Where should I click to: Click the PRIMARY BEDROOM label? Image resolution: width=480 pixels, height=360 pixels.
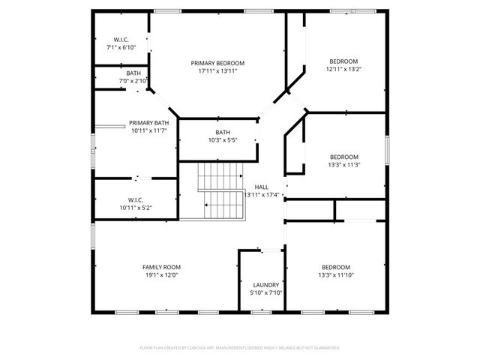(x=217, y=63)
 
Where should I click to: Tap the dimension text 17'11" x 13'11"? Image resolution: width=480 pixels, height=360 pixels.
(x=217, y=71)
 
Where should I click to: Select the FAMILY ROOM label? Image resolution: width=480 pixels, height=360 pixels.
(x=161, y=267)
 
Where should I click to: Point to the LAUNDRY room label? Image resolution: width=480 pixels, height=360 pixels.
(x=265, y=285)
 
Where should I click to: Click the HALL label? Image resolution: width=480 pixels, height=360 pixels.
(x=261, y=187)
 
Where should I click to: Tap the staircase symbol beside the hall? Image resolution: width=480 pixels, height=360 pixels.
(x=222, y=192)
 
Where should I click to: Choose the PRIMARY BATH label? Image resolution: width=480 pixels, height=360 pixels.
(x=148, y=122)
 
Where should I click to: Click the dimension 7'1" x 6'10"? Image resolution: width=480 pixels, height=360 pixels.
(x=121, y=47)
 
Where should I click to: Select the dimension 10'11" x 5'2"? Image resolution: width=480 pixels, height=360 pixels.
(x=135, y=208)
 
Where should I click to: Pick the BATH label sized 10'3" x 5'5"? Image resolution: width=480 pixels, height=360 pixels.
(x=223, y=132)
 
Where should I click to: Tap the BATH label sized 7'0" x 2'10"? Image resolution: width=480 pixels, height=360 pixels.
(x=133, y=73)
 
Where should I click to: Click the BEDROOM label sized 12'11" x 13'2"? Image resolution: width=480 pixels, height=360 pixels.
(x=343, y=61)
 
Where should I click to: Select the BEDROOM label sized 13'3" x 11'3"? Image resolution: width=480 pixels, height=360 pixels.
(x=345, y=157)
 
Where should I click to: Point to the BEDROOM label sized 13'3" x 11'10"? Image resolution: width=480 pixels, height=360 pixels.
(x=336, y=267)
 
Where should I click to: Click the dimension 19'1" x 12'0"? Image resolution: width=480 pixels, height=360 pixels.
(x=161, y=275)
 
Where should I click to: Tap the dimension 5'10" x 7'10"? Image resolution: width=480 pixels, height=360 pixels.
(x=265, y=293)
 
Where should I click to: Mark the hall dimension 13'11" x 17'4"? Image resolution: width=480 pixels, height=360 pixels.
(x=262, y=195)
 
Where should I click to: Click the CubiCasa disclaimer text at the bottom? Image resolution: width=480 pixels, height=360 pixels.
(x=239, y=348)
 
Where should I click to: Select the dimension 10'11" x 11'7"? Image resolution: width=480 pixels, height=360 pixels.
(x=148, y=130)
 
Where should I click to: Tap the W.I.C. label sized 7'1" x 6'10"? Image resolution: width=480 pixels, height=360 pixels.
(x=121, y=39)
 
